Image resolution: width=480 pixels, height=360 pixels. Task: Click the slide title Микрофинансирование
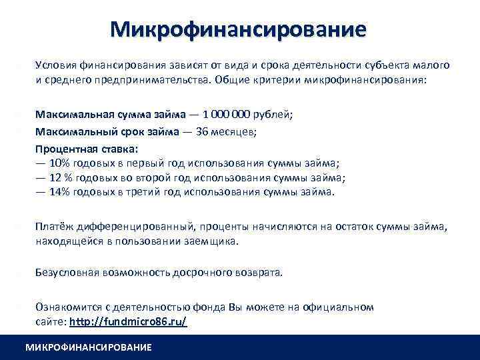(x=239, y=30)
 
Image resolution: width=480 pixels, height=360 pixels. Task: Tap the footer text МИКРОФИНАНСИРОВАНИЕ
(x=88, y=347)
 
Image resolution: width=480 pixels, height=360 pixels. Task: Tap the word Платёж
(x=53, y=228)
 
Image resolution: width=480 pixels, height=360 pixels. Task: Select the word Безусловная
(x=68, y=272)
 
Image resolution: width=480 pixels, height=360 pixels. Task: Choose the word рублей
(x=273, y=115)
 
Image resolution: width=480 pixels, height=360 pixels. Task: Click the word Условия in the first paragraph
(x=56, y=65)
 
